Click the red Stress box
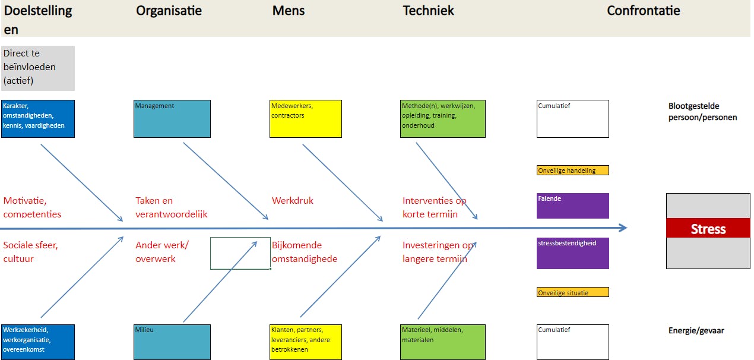tap(708, 229)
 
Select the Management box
tap(172, 119)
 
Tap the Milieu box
tap(172, 342)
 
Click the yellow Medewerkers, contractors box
tap(306, 119)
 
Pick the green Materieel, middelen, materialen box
tap(443, 342)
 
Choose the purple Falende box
tap(573, 206)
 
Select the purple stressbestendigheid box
tap(573, 253)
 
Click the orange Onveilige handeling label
tap(573, 170)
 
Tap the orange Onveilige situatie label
tap(573, 292)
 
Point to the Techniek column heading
tap(428, 11)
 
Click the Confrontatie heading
tap(644, 11)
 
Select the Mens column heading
tap(288, 11)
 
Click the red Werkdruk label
tap(293, 201)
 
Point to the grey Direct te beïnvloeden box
tap(38, 68)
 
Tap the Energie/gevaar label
tap(696, 331)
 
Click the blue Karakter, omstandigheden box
tap(38, 119)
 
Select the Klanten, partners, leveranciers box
tap(306, 342)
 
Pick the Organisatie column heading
tap(169, 11)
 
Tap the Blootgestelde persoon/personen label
tap(702, 112)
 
